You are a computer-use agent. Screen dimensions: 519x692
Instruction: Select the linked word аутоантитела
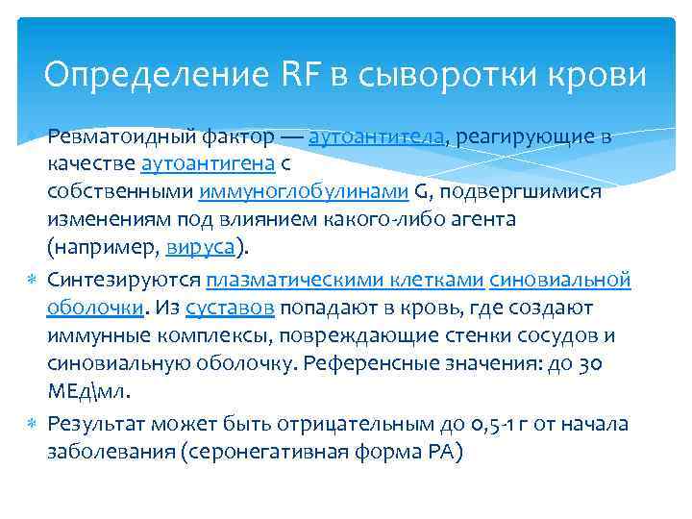coord(380,136)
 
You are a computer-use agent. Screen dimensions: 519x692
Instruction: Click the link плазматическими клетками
coord(344,281)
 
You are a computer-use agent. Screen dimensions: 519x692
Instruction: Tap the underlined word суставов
coord(232,309)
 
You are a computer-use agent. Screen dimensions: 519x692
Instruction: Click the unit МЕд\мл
coord(87,391)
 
